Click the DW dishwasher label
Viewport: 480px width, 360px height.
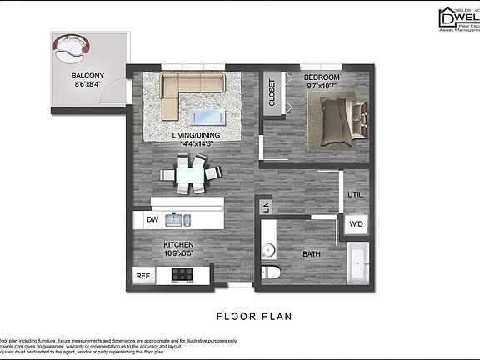point(152,219)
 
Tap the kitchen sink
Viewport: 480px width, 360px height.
point(177,220)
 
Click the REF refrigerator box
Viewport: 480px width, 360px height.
point(143,275)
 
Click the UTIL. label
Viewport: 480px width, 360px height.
point(356,195)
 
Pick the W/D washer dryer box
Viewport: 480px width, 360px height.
point(356,223)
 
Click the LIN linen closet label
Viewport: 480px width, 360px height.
point(266,206)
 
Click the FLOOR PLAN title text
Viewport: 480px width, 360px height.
point(252,316)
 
